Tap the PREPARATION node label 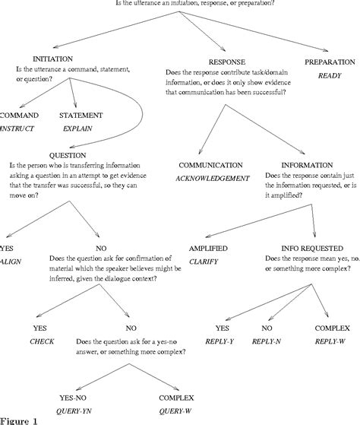[331, 61]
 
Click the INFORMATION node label [306, 165]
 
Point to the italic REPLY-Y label [221, 341]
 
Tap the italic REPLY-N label [267, 341]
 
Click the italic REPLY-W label [330, 341]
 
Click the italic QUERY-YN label [78, 410]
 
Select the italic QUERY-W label [176, 410]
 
